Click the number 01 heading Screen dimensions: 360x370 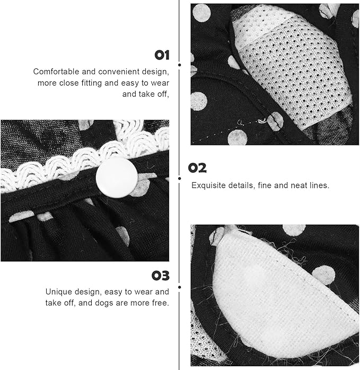point(162,55)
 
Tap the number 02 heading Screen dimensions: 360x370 point(197,168)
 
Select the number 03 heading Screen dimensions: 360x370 point(161,276)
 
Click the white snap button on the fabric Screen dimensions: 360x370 point(117,178)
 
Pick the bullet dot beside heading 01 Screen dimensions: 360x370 point(180,65)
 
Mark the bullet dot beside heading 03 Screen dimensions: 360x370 point(180,287)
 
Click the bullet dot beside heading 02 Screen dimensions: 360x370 point(180,178)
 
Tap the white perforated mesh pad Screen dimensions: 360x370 point(292,68)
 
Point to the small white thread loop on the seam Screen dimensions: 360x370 point(262,121)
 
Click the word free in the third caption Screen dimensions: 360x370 point(161,303)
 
